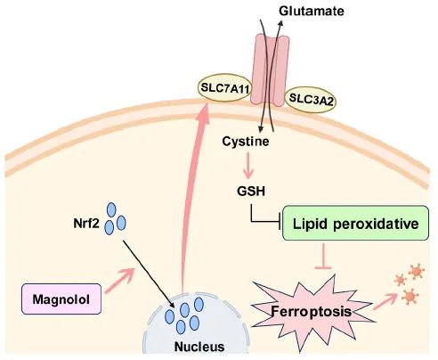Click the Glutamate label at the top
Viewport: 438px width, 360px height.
[x=312, y=12]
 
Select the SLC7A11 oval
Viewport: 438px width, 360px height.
[x=224, y=87]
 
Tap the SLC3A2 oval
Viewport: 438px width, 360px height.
[x=311, y=100]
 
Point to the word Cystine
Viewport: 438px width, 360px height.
[x=246, y=142]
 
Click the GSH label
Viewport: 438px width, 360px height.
[x=251, y=191]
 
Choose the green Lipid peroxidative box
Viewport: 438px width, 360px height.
[x=355, y=223]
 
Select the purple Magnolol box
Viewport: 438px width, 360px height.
[x=61, y=299]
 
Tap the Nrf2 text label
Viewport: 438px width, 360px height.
[x=86, y=224]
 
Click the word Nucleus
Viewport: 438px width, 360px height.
[x=199, y=347]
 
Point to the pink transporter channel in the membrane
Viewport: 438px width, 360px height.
[x=270, y=70]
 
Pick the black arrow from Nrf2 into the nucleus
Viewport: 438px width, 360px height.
[x=149, y=274]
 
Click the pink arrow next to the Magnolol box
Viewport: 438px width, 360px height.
[x=119, y=281]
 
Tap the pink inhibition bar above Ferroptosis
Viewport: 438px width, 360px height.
[x=323, y=256]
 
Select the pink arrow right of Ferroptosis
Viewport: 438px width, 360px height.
[x=385, y=301]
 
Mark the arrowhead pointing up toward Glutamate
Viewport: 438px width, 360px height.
[x=280, y=24]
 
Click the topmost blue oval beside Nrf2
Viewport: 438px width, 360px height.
[x=111, y=209]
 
